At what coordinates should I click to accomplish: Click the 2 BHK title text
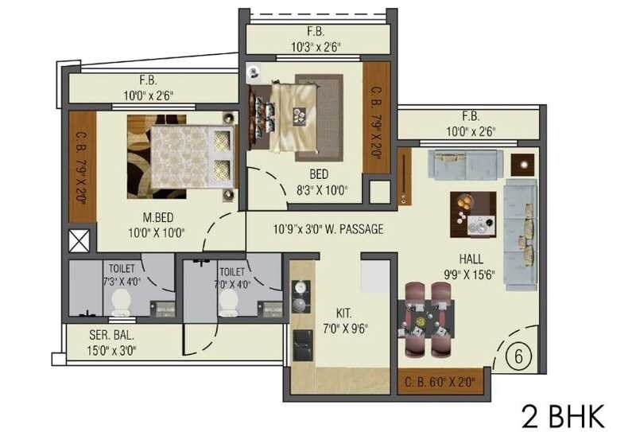(x=564, y=414)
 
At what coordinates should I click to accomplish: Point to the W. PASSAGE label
(x=328, y=229)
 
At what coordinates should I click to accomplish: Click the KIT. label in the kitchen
(x=343, y=313)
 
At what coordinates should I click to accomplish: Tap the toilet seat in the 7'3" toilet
(x=121, y=302)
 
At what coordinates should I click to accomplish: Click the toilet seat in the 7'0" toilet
(x=229, y=301)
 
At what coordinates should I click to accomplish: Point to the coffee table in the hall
(x=472, y=214)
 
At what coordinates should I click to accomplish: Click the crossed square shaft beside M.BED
(x=80, y=240)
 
